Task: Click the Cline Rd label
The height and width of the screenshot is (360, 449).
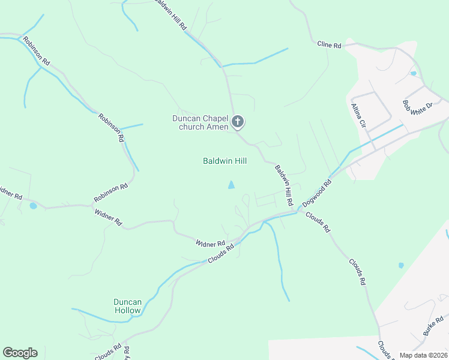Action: (x=330, y=45)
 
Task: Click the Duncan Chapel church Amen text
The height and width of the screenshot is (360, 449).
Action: (x=200, y=122)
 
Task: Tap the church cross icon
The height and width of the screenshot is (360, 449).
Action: (x=238, y=122)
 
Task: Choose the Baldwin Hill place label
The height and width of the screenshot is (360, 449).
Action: (x=224, y=161)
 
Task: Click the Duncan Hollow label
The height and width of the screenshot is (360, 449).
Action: (x=127, y=306)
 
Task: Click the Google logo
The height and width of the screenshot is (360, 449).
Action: (x=20, y=353)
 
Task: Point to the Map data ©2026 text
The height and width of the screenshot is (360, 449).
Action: (x=423, y=355)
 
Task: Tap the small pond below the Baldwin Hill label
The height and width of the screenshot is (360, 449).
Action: (x=232, y=185)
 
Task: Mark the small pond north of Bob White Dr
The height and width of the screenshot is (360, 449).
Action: (x=413, y=73)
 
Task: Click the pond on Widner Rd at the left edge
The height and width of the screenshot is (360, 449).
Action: (x=33, y=206)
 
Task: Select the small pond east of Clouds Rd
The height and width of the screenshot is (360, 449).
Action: (x=401, y=265)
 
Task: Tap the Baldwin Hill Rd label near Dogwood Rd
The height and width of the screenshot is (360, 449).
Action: (x=283, y=186)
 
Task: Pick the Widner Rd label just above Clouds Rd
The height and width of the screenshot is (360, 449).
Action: (x=210, y=244)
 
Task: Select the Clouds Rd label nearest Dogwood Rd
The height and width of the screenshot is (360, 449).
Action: (x=318, y=221)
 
